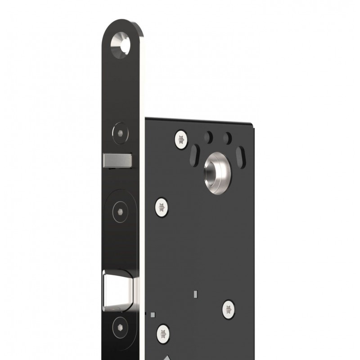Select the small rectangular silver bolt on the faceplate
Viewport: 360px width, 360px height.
click(x=117, y=159)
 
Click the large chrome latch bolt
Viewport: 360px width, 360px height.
click(x=117, y=288)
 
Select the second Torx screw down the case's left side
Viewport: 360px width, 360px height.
click(x=162, y=207)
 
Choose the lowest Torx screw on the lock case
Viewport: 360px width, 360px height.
click(x=163, y=333)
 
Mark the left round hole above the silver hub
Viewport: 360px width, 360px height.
click(x=208, y=135)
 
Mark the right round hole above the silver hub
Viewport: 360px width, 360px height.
click(x=228, y=136)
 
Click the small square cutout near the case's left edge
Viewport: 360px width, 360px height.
click(x=154, y=314)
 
